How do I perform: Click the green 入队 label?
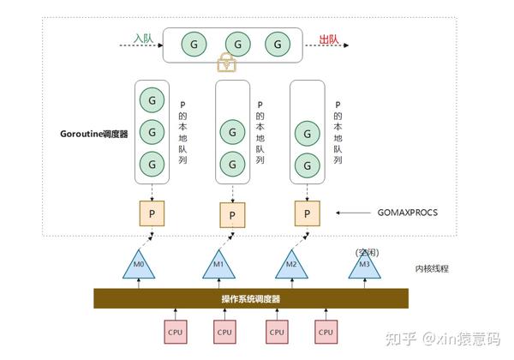click(143, 39)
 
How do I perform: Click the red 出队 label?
click(328, 39)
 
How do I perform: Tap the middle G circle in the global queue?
click(233, 44)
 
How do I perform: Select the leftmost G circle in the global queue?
click(194, 44)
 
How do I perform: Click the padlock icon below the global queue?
click(226, 62)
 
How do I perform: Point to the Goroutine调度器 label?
click(94, 134)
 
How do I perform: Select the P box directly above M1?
click(229, 211)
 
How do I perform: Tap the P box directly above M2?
click(304, 210)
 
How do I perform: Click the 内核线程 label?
click(433, 268)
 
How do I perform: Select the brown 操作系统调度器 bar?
click(249, 297)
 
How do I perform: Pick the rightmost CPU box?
click(325, 331)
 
